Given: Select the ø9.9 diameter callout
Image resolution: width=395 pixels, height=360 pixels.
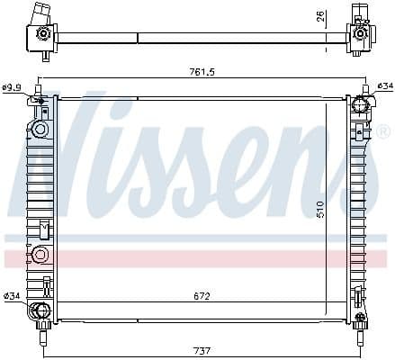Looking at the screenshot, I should (12, 87).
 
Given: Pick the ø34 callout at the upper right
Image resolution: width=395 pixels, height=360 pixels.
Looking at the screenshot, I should (384, 86).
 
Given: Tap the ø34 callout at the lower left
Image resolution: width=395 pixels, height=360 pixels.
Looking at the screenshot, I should (12, 296).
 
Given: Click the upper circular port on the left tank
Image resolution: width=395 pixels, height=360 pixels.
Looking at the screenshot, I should (40, 130).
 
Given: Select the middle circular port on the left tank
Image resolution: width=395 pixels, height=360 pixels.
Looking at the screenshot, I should (40, 256).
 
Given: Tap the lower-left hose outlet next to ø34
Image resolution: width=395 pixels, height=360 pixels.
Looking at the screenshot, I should (39, 312).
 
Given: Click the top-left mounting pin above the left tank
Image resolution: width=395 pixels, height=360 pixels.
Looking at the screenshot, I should (39, 90).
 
